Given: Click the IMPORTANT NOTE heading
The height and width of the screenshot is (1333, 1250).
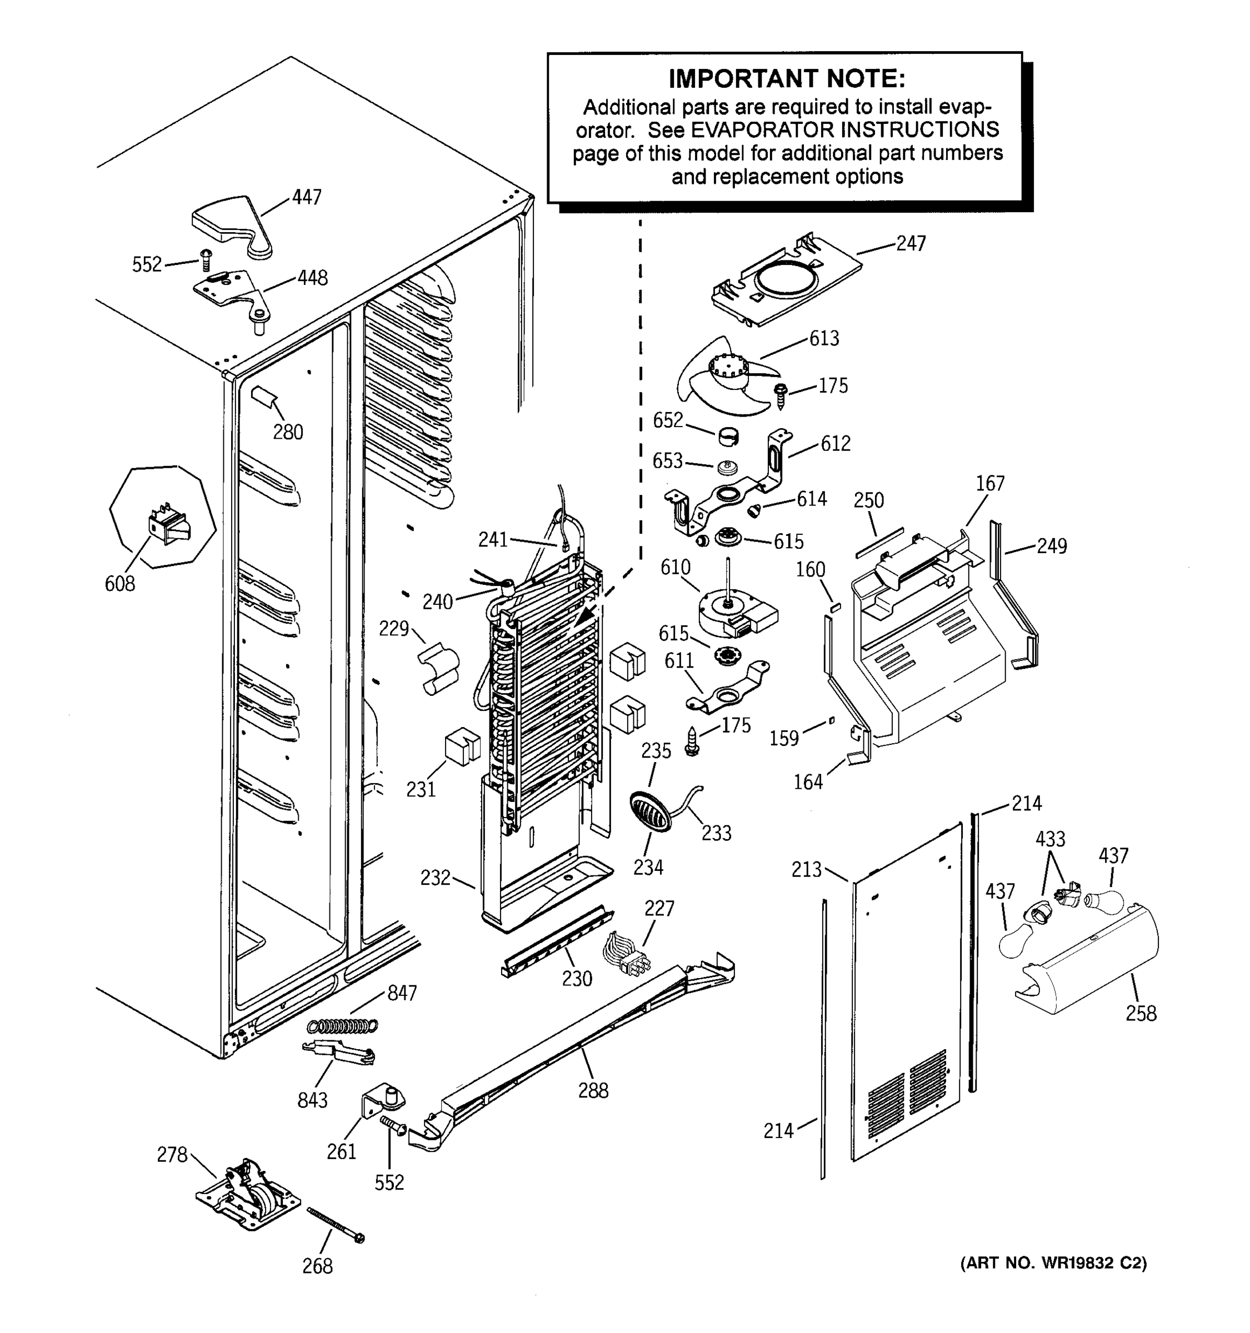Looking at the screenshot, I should coord(787,79).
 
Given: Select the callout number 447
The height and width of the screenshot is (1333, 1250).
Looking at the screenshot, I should coord(307,197).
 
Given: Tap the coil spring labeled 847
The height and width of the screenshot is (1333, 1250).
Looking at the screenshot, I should coord(342,1025).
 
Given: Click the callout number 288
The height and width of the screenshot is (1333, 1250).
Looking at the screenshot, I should coord(593,1091).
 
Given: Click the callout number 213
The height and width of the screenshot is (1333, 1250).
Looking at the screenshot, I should coord(806,870).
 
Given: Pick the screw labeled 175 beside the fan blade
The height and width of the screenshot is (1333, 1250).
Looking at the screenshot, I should coord(781,395).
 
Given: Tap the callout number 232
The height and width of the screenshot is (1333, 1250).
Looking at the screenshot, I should coord(435,878).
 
